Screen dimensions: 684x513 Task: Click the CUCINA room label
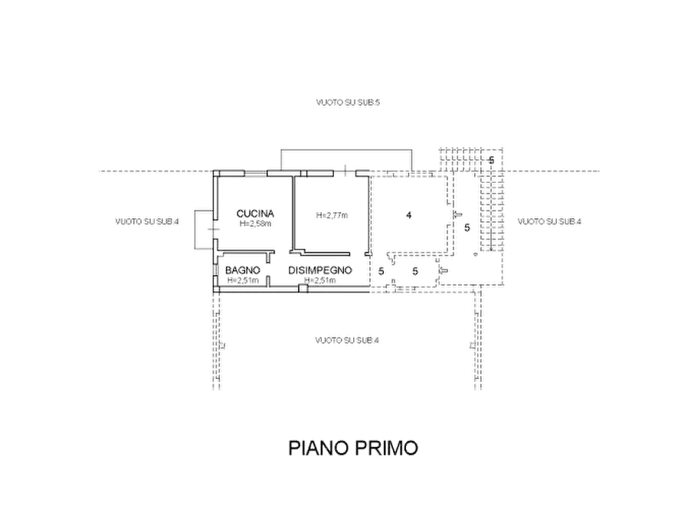[255, 214]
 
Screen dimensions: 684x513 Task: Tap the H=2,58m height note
[255, 224]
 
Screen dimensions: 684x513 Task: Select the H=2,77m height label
[332, 215]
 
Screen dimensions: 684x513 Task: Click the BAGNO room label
[243, 270]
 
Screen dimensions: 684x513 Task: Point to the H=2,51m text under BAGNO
[243, 280]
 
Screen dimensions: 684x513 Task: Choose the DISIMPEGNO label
[320, 270]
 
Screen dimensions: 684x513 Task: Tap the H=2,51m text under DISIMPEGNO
[320, 280]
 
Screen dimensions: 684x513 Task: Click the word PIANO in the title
[318, 448]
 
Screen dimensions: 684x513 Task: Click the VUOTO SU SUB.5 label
[348, 103]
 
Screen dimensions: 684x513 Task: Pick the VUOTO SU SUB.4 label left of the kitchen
[147, 221]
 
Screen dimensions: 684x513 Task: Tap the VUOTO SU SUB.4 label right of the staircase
[550, 221]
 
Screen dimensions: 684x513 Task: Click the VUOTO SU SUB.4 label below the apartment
[347, 340]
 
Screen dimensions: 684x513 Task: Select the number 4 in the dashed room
[409, 215]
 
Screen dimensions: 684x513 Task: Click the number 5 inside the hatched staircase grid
[492, 160]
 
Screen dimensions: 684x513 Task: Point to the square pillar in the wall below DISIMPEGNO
[303, 289]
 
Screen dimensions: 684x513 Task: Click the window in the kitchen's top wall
[255, 174]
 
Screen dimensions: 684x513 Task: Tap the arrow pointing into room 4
[455, 214]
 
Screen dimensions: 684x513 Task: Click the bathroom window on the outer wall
[215, 270]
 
